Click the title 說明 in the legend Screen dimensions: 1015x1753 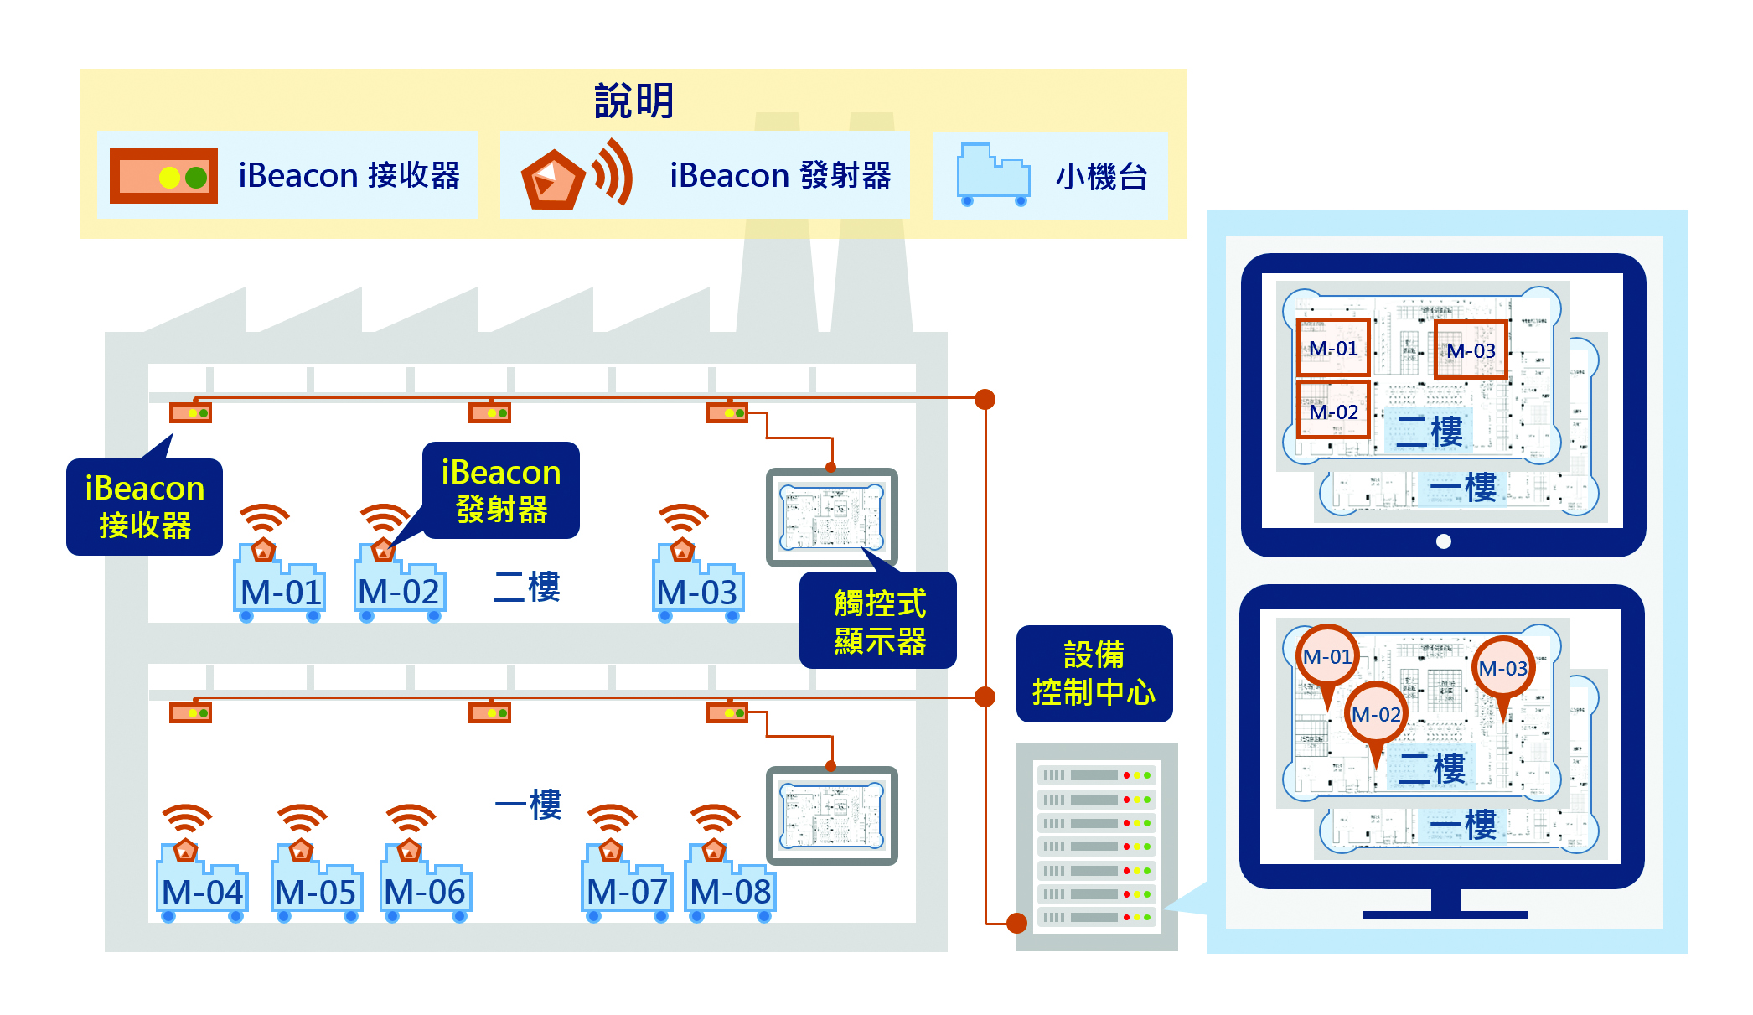(633, 101)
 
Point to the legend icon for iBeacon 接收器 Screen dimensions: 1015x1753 (163, 176)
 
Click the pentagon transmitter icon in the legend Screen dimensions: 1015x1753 (552, 179)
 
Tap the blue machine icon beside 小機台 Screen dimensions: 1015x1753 (993, 175)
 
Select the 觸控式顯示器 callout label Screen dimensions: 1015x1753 (879, 621)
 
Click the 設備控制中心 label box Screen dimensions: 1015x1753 (1094, 674)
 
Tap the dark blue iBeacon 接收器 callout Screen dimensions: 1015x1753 (144, 506)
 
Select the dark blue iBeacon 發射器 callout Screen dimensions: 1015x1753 (500, 490)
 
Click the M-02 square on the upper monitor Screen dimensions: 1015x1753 (1333, 411)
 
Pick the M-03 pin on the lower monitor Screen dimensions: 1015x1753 (1503, 668)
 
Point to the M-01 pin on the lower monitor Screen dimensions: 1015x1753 (1327, 657)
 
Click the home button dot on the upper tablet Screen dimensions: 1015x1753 (1443, 541)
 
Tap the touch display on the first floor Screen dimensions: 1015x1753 (831, 815)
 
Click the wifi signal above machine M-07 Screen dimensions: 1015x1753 (612, 819)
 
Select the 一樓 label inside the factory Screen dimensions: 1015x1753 (528, 805)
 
